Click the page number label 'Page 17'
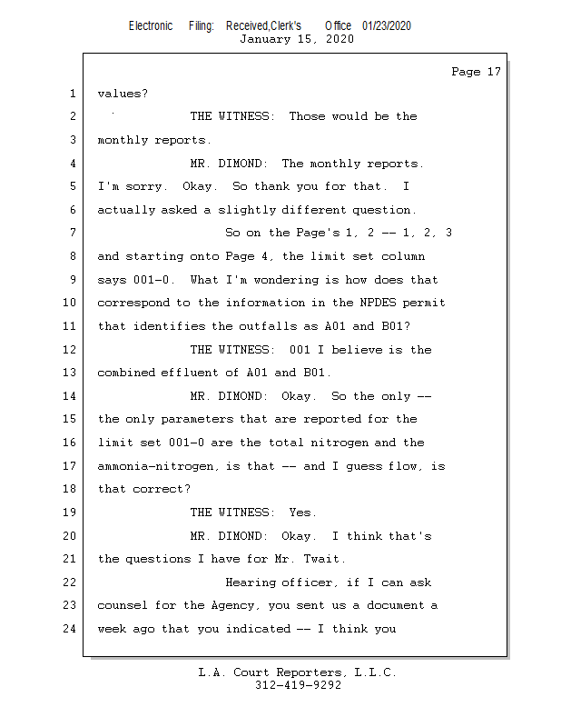pyautogui.click(x=476, y=72)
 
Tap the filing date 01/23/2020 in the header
pyautogui.click(x=387, y=26)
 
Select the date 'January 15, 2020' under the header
pyautogui.click(x=297, y=39)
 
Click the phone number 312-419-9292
pyautogui.click(x=298, y=685)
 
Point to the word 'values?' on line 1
pyautogui.click(x=123, y=94)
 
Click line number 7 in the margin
pyautogui.click(x=73, y=233)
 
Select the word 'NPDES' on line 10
pyautogui.click(x=378, y=303)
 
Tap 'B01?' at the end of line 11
pyautogui.click(x=396, y=326)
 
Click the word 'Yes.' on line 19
pyautogui.click(x=303, y=513)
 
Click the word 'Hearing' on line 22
pyautogui.click(x=251, y=583)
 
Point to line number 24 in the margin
pyautogui.click(x=70, y=629)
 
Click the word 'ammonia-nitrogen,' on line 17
pyautogui.click(x=159, y=466)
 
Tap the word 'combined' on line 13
pyautogui.click(x=126, y=373)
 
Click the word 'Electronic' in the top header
pyautogui.click(x=151, y=26)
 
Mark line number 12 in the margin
pyautogui.click(x=70, y=349)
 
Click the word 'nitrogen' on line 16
pyautogui.click(x=340, y=443)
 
